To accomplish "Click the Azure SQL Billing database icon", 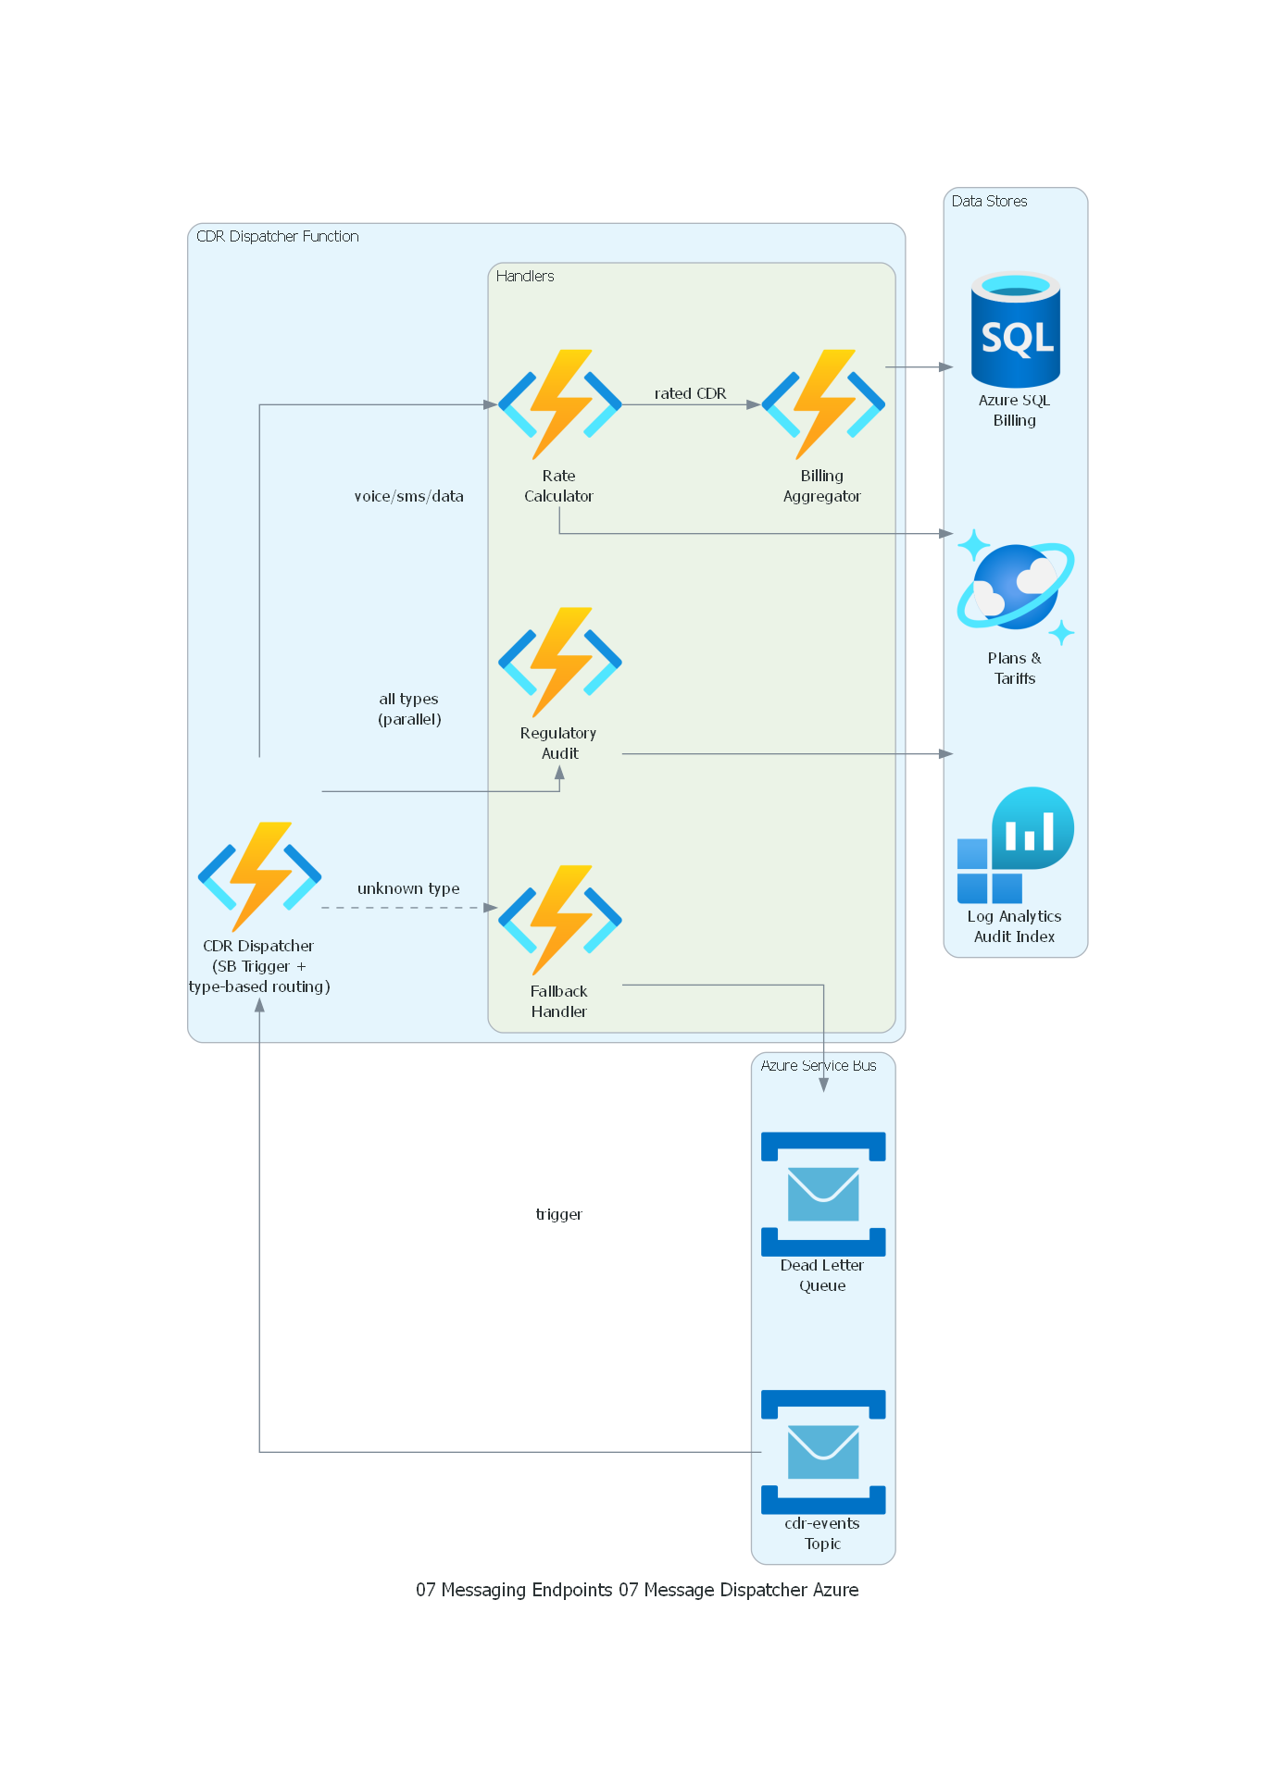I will (x=1015, y=330).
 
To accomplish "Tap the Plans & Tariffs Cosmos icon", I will (x=1015, y=587).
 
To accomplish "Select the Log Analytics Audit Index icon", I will (x=1015, y=845).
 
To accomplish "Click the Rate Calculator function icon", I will (x=559, y=404).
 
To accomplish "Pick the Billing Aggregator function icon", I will (x=822, y=404).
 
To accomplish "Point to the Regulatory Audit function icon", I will (x=559, y=662).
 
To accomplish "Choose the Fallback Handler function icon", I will (x=559, y=920).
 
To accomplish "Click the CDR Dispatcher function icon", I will (x=259, y=875).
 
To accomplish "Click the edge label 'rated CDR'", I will (x=690, y=393).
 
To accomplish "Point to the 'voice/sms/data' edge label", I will (x=408, y=496).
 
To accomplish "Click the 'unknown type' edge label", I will (x=408, y=888).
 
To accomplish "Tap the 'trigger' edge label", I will (x=558, y=1214).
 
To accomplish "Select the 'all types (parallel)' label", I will (x=408, y=709).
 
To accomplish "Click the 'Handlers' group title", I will (x=525, y=276).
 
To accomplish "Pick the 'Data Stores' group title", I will (x=989, y=201).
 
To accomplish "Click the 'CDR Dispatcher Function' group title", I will (x=277, y=236).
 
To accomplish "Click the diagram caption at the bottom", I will (x=637, y=1590).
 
